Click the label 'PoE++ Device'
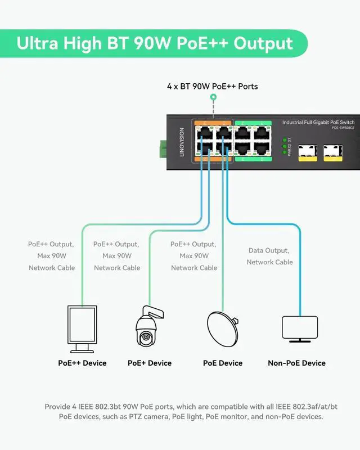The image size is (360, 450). point(82,363)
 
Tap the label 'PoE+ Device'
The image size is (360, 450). point(150,363)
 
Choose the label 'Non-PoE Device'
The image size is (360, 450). point(296,363)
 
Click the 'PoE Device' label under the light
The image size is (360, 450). point(223,363)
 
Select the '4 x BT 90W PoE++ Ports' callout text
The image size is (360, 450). point(213,87)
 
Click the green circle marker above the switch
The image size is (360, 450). point(213,98)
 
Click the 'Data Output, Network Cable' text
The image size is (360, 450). point(270,256)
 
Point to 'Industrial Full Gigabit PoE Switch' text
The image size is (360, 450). point(318,123)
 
